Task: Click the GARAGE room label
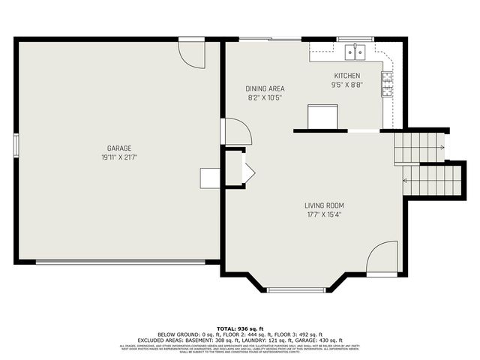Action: [x=119, y=148]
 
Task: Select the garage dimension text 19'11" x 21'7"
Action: [x=119, y=157]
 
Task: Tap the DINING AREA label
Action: [x=265, y=88]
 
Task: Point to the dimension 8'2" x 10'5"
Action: [x=265, y=97]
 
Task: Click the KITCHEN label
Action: [x=347, y=76]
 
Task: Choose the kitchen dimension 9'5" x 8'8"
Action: [x=347, y=85]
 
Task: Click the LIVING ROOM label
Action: [x=324, y=205]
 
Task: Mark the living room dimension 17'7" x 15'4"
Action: [x=324, y=214]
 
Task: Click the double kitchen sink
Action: [x=355, y=51]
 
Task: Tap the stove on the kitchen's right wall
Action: [x=387, y=84]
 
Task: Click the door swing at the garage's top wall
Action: [x=192, y=54]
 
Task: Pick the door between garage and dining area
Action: [x=237, y=132]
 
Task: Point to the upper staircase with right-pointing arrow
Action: [x=420, y=147]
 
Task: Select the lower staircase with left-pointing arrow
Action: [x=434, y=181]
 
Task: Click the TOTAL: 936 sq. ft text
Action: [x=239, y=328]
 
